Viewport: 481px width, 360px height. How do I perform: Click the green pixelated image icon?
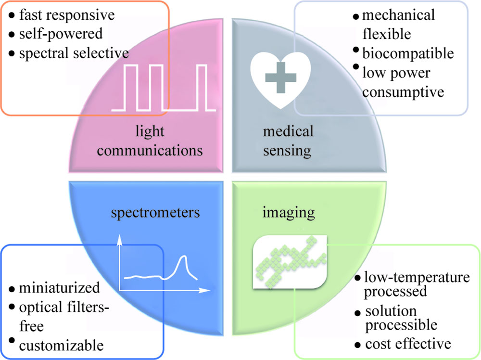291,261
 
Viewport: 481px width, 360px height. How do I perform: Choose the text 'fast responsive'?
67,15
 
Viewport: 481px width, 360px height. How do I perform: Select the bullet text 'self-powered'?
61,34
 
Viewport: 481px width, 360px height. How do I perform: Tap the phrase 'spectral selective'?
74,52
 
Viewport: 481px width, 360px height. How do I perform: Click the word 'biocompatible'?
407,52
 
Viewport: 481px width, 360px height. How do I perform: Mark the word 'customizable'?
61,345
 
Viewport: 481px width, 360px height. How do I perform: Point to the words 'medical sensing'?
288,141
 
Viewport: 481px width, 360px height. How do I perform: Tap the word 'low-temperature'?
417,278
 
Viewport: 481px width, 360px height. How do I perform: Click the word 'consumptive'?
403,91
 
